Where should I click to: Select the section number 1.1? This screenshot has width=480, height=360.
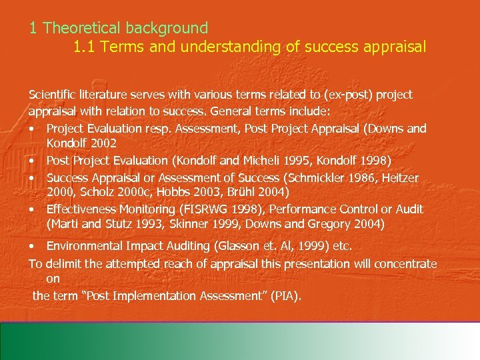85,47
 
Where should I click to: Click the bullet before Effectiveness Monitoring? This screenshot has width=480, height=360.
33,209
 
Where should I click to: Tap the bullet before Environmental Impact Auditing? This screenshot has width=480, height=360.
33,246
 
